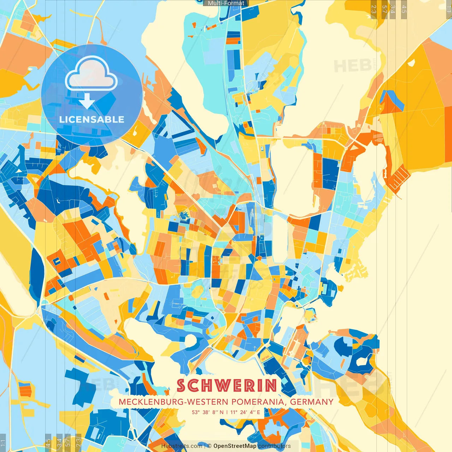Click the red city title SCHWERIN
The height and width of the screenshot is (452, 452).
click(226, 386)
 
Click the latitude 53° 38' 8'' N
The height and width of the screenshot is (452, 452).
click(208, 412)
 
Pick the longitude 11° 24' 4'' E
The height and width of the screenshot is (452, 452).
click(245, 412)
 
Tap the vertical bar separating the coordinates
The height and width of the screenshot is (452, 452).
click(227, 412)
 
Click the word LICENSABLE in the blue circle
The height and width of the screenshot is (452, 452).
click(92, 119)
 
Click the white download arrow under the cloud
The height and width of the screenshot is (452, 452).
click(87, 101)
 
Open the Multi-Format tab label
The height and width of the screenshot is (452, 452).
click(226, 3)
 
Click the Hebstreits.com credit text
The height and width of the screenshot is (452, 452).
click(182, 446)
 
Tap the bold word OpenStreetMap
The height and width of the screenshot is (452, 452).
click(235, 446)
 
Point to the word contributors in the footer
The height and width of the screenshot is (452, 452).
click(274, 446)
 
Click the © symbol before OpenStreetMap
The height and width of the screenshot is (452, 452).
click(209, 446)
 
